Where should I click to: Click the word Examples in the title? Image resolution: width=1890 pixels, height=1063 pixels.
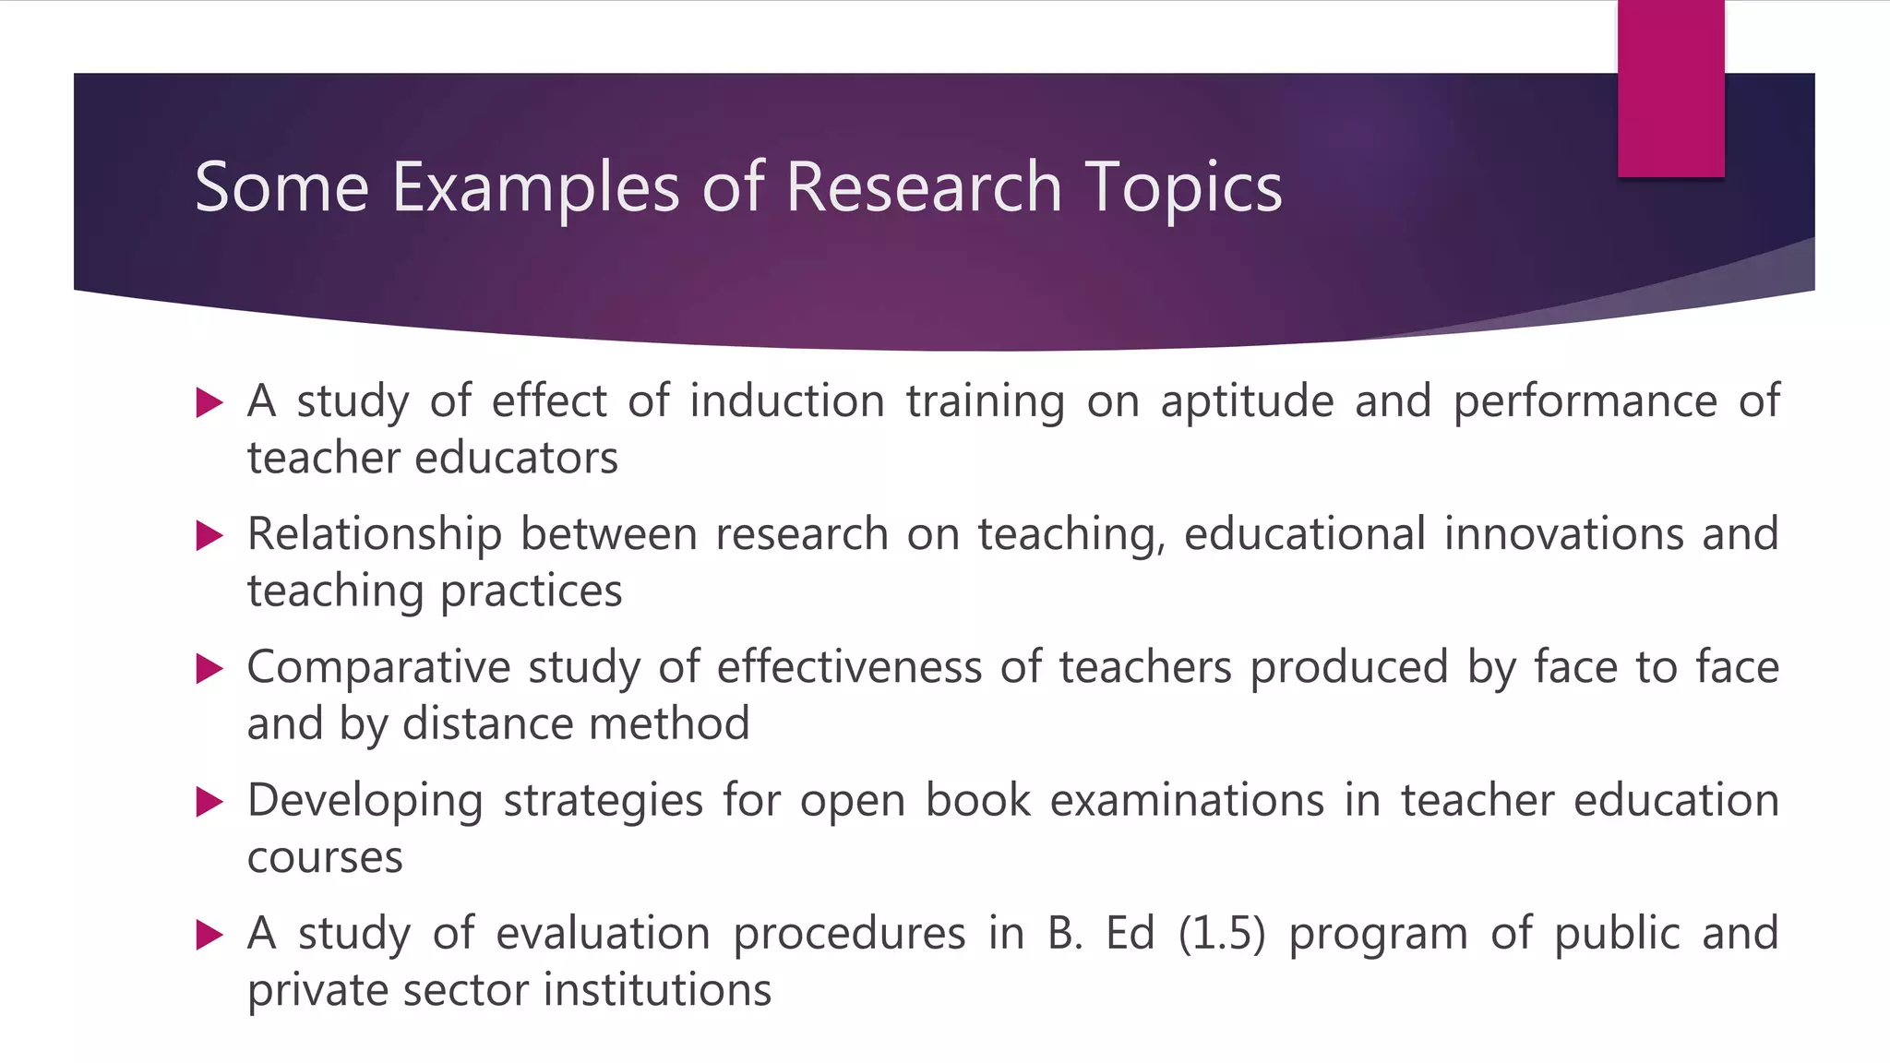(x=535, y=188)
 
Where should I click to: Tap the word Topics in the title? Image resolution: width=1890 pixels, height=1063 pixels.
(x=1183, y=188)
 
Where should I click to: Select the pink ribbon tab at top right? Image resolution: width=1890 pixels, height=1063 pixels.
(x=1670, y=89)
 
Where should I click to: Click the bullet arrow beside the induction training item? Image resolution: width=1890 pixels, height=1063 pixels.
(x=210, y=403)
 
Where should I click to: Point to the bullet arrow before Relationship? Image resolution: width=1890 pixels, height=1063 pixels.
(x=210, y=536)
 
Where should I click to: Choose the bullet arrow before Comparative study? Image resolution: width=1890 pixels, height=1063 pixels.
(x=210, y=669)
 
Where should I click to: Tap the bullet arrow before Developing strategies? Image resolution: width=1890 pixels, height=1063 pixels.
(x=210, y=802)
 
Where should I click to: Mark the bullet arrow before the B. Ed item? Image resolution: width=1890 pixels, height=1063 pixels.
(x=210, y=936)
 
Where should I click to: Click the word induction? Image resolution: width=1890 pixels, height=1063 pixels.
(x=786, y=401)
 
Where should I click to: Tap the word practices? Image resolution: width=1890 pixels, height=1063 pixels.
(x=531, y=591)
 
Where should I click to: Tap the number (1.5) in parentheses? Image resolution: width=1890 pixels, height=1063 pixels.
(x=1221, y=934)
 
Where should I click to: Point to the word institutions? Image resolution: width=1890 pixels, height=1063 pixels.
(x=657, y=990)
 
